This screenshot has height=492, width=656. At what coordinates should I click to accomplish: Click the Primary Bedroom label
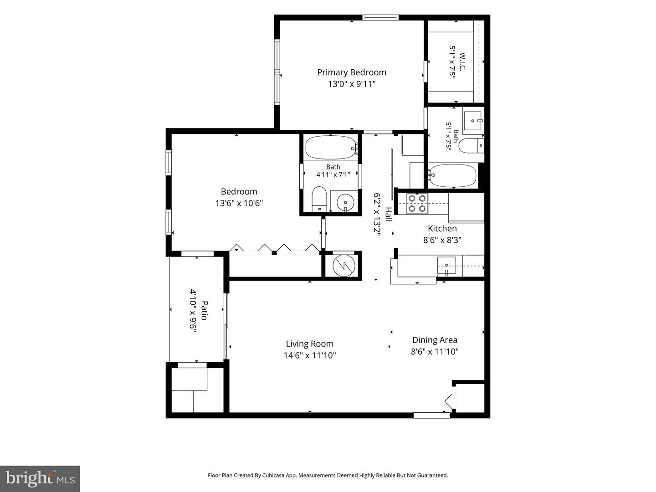click(351, 72)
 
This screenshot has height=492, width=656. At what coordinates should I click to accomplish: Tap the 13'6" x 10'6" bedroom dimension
click(239, 204)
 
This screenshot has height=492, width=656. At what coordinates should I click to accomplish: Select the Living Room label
click(310, 344)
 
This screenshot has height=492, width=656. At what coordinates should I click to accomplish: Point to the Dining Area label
click(435, 340)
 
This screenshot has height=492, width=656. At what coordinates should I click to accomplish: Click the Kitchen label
click(442, 229)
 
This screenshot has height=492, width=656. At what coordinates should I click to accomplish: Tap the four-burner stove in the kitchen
click(417, 204)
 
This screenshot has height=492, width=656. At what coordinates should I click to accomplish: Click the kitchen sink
click(446, 265)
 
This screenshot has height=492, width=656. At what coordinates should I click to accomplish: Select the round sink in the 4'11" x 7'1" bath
click(345, 203)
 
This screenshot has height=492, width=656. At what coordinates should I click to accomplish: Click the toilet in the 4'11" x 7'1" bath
click(319, 199)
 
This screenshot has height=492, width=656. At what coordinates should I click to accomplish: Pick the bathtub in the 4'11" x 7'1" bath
click(332, 148)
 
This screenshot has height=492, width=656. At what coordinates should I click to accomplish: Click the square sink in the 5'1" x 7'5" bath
click(472, 121)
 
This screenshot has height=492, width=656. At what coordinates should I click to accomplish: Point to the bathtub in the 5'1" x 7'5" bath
click(452, 176)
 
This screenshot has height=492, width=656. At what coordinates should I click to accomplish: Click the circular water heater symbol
click(343, 265)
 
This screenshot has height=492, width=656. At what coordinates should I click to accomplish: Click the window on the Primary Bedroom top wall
click(380, 17)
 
